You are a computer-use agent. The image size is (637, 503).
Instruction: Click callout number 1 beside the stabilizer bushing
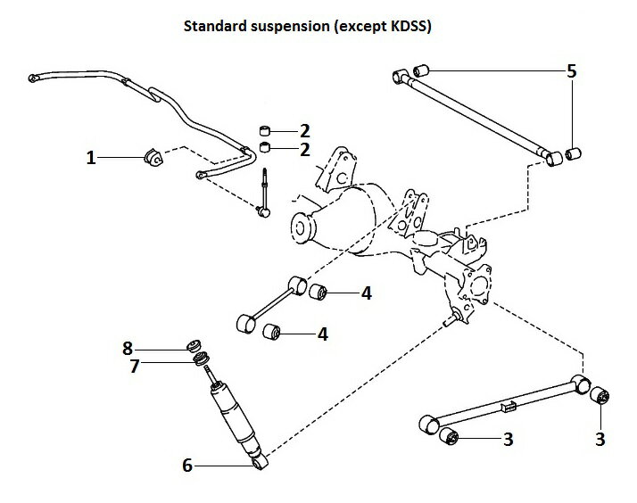click(x=91, y=158)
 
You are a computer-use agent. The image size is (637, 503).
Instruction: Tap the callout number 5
click(x=572, y=69)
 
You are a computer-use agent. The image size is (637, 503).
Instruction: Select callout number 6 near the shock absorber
click(x=187, y=464)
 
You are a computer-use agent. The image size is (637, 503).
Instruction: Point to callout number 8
click(x=127, y=347)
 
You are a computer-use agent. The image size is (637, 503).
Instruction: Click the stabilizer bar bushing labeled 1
click(x=153, y=158)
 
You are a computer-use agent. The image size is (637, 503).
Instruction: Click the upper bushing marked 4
click(x=320, y=291)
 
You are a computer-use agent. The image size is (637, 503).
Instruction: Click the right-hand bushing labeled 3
click(x=600, y=395)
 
